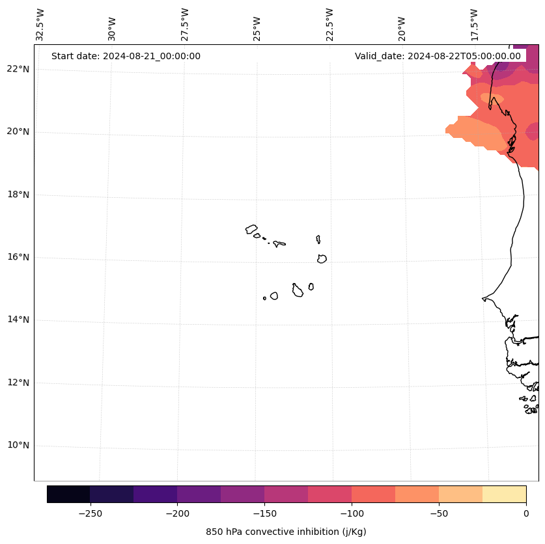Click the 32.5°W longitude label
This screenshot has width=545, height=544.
40,25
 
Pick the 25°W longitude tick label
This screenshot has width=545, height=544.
257,29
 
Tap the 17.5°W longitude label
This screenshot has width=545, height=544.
474,25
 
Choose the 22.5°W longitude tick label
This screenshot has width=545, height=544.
329,25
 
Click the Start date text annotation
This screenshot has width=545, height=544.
126,56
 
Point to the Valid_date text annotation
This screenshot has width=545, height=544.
438,56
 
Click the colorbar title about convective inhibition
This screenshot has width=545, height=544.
286,532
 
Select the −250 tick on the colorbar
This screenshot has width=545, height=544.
90,513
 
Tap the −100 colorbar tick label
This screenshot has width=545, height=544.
351,513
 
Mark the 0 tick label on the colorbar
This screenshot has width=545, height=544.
525,513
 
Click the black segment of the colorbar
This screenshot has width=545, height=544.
68,494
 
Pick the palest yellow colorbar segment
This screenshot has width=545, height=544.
504,494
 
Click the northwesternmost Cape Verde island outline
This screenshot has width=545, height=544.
251,229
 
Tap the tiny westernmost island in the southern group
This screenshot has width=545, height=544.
264,298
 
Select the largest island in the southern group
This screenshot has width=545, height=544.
298,291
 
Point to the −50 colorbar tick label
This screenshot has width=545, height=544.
438,513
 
